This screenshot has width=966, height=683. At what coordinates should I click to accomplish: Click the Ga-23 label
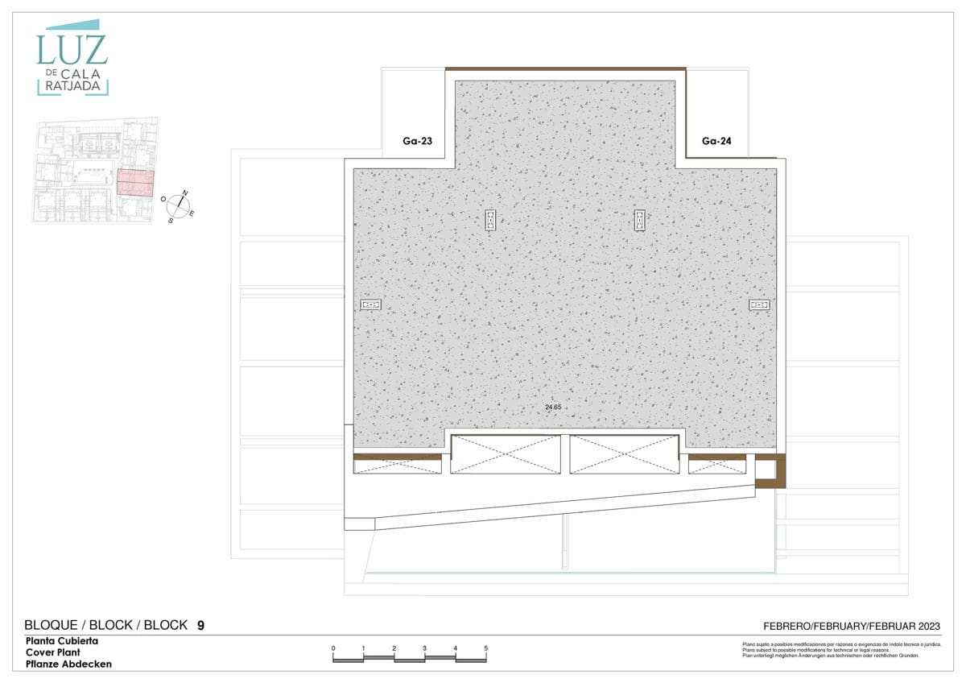(418, 141)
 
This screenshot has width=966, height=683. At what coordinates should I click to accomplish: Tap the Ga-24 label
(717, 141)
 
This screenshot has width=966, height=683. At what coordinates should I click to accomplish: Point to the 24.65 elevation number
(552, 408)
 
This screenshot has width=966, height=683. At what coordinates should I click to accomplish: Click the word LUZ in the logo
(72, 50)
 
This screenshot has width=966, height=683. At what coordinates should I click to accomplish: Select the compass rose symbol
(179, 206)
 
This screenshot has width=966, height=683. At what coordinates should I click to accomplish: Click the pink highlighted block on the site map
(135, 183)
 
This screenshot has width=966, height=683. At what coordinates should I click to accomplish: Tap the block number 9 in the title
(200, 625)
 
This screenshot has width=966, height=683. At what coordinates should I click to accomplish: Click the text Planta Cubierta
(62, 641)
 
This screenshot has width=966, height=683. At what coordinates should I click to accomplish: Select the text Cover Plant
(52, 652)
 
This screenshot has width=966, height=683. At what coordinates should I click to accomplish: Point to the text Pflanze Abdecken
(68, 664)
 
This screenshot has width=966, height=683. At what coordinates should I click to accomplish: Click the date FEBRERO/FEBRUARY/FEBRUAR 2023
(852, 626)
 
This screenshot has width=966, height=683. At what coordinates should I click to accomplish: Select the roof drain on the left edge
(371, 305)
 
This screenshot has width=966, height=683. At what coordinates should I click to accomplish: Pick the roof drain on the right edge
(759, 304)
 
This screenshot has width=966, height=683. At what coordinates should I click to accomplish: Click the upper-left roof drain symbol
(490, 220)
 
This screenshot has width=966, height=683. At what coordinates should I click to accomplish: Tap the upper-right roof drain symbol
(639, 220)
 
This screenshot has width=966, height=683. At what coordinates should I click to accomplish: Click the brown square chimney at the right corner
(770, 472)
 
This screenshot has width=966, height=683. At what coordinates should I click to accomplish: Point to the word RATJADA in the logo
(72, 87)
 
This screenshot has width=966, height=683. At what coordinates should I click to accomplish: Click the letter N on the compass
(184, 193)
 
